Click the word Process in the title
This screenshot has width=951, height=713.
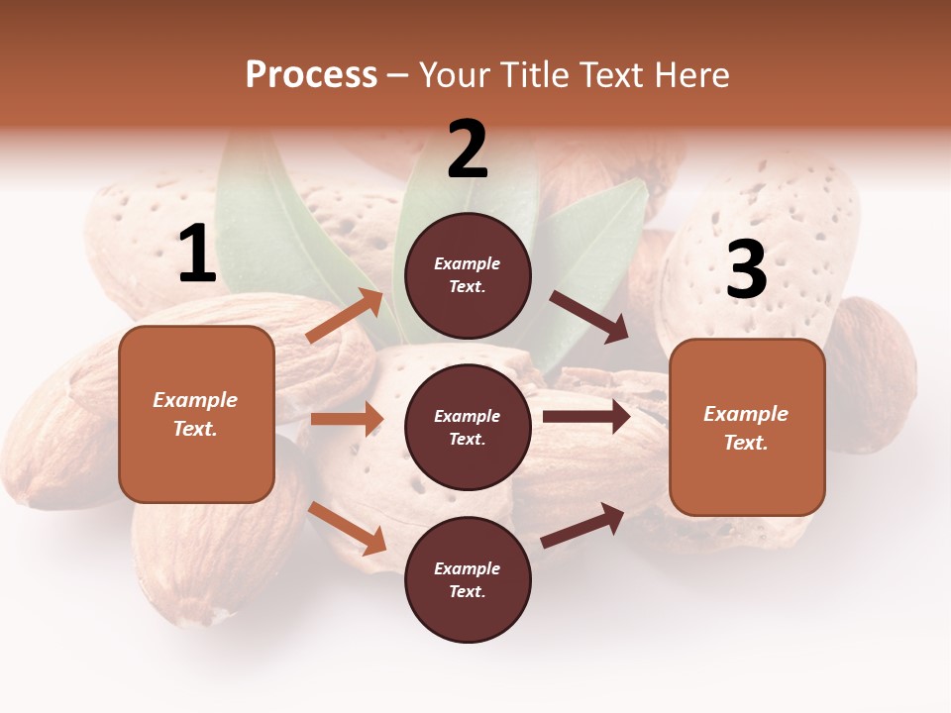311,75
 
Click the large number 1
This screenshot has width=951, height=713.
196,255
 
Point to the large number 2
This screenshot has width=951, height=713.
468,150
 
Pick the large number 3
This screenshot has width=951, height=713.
746,269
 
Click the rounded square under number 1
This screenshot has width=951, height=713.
196,414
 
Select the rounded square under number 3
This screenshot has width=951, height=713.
747,428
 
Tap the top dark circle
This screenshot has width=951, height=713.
468,275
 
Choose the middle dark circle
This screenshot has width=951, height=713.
468,428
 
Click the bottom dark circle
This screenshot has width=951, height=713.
468,580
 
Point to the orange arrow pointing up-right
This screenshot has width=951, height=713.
345,315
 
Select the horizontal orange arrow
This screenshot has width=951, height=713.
347,419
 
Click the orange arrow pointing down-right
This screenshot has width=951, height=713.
348,528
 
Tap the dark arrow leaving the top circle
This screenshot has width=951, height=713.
588,316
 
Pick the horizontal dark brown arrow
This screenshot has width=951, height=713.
586,416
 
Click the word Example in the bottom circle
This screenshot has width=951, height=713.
468,568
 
